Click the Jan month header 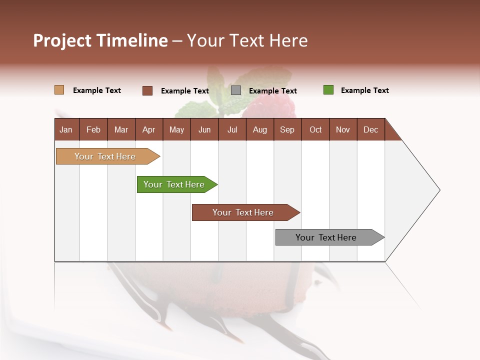pos(66,129)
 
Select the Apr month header pos(148,129)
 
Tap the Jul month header pos(232,129)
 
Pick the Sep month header pos(287,129)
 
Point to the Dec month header pos(370,129)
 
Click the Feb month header pos(93,129)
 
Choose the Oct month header pos(315,129)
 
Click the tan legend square pos(59,90)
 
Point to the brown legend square pos(147,90)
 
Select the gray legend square pos(236,90)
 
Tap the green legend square pos(328,90)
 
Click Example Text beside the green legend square pos(364,90)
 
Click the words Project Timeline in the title pos(100,40)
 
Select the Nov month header pos(343,129)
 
